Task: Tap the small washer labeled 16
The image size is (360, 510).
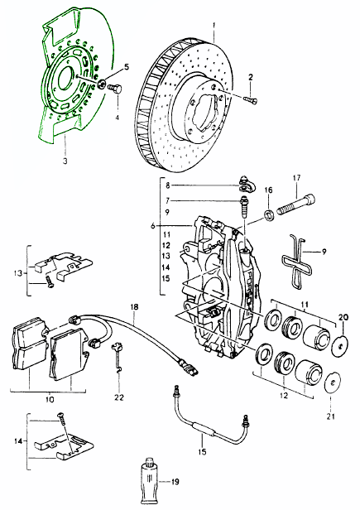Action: [269, 214]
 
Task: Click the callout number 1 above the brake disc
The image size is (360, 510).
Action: [214, 25]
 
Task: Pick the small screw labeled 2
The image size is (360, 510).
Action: [250, 100]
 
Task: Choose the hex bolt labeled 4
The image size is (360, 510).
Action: [114, 88]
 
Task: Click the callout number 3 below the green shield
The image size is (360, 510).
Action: [65, 161]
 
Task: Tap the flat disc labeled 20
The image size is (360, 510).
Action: [339, 344]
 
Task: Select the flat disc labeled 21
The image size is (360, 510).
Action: [333, 382]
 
